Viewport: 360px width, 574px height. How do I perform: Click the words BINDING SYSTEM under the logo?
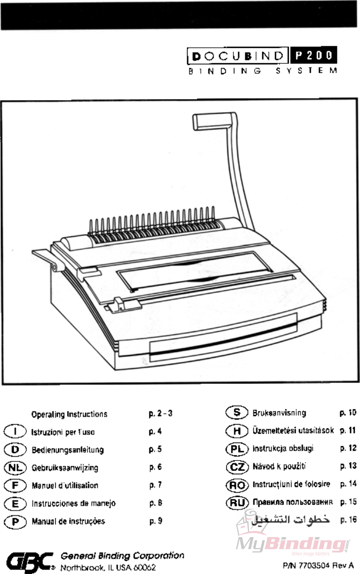pyautogui.click(x=263, y=71)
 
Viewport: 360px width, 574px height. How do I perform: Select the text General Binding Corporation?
pyautogui.click(x=122, y=556)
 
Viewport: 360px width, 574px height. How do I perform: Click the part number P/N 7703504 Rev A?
pyautogui.click(x=318, y=565)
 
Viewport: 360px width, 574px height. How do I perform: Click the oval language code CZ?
pyautogui.click(x=237, y=467)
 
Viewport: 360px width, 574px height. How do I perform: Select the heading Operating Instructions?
pyautogui.click(x=69, y=415)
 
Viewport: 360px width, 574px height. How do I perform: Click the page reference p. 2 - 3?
pyautogui.click(x=160, y=414)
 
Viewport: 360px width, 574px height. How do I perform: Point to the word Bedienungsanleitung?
pyautogui.click(x=68, y=450)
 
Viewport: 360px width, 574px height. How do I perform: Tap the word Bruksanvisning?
pyautogui.click(x=279, y=413)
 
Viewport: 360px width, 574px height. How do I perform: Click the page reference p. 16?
pyautogui.click(x=348, y=520)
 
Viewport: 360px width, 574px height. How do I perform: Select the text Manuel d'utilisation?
pyautogui.click(x=65, y=486)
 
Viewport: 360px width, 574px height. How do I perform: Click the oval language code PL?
pyautogui.click(x=237, y=449)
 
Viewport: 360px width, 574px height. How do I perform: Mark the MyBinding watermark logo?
pyautogui.click(x=293, y=544)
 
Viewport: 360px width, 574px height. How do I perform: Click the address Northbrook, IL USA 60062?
pyautogui.click(x=108, y=567)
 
